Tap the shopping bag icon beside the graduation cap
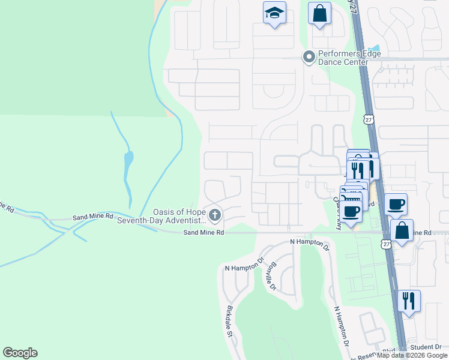[x=319, y=13]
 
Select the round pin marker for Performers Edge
[x=309, y=58]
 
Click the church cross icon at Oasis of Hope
[x=214, y=214]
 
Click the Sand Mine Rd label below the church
[x=203, y=232]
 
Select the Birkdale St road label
[x=229, y=322]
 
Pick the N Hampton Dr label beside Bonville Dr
[x=244, y=265]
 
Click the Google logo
[x=20, y=353]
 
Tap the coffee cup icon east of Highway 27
[x=396, y=203]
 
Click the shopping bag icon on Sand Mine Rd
[x=401, y=230]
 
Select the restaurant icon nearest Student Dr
[x=408, y=299]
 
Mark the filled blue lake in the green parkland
[x=128, y=161]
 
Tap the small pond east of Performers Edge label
[x=375, y=49]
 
